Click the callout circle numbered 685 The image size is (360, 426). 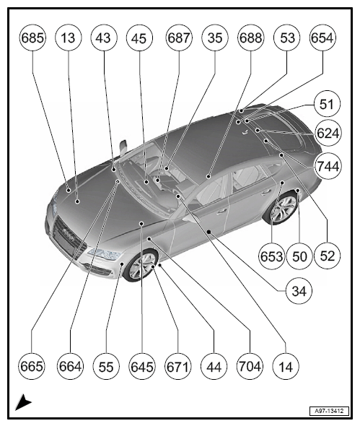pos(32,38)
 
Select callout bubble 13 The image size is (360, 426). pos(68,38)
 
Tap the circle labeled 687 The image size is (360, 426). pos(179,38)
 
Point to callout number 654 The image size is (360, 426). pos(322,38)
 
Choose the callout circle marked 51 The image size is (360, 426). pos(327,104)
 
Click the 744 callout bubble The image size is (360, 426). pos(328,166)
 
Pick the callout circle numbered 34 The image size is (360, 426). pos(299,291)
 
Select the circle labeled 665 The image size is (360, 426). pos(32,366)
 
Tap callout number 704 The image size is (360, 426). pos(250,366)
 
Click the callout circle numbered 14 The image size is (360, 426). pos(286,366)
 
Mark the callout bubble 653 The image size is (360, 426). pos(272,256)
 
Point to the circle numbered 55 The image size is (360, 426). pos(106,366)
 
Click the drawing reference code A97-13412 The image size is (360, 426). pos(329,411)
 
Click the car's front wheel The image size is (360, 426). pos(141,265)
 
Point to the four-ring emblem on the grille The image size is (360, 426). pos(68,234)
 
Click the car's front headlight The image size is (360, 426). pos(105,253)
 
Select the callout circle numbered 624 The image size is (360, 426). pos(328,133)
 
